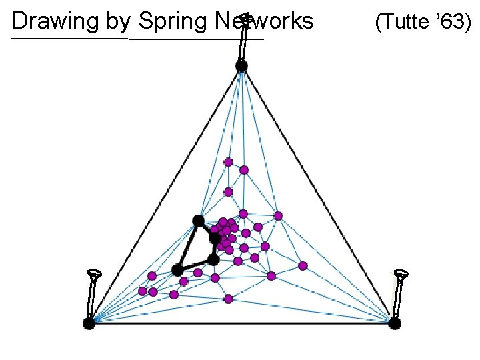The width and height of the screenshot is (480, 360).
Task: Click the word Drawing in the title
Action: click(x=57, y=21)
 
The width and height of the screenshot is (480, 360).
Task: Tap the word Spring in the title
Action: click(x=174, y=21)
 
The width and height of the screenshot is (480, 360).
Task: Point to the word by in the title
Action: click(x=118, y=22)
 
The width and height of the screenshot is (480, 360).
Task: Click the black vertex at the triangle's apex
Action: click(x=241, y=65)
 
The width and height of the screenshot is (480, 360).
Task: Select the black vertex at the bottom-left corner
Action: click(x=89, y=323)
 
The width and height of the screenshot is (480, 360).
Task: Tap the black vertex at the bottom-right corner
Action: click(x=395, y=323)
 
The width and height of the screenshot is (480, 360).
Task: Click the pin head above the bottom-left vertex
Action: click(x=95, y=273)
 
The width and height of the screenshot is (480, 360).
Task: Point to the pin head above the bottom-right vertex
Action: click(x=401, y=273)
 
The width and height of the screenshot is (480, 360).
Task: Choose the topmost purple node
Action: click(x=228, y=162)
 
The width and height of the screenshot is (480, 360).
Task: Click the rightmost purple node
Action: click(x=303, y=265)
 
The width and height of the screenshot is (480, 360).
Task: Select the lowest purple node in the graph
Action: click(x=228, y=299)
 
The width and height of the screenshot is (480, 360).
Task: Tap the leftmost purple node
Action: click(x=142, y=291)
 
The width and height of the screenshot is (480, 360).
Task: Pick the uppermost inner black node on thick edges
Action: click(x=198, y=220)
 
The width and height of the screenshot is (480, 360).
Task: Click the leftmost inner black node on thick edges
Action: click(x=177, y=269)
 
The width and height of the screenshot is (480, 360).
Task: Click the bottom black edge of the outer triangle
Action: click(x=241, y=323)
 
